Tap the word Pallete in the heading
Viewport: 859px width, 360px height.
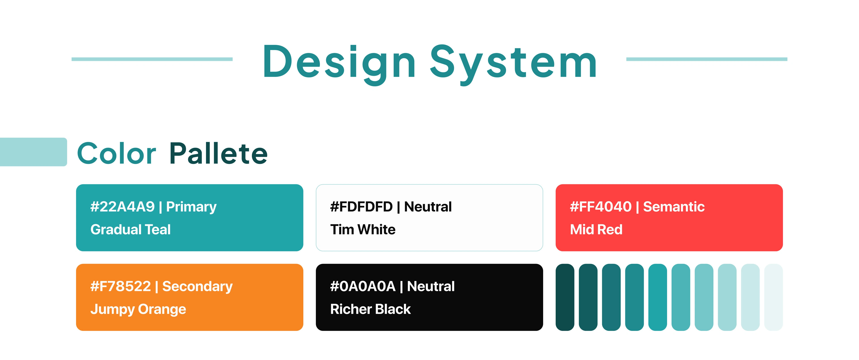(x=218, y=153)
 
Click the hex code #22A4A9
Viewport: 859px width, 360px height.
(x=122, y=207)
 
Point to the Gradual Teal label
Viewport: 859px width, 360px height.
(x=130, y=229)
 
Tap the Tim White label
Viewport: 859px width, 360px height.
(x=363, y=229)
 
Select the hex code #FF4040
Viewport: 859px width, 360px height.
(x=601, y=207)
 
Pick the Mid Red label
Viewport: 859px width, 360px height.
(x=596, y=229)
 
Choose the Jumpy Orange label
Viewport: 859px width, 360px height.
(x=138, y=309)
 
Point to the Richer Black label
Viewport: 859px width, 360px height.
(x=370, y=309)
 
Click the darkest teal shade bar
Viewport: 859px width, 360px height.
(x=565, y=297)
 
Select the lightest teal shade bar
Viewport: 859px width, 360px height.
(x=773, y=297)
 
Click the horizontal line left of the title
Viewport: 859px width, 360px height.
(x=152, y=59)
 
